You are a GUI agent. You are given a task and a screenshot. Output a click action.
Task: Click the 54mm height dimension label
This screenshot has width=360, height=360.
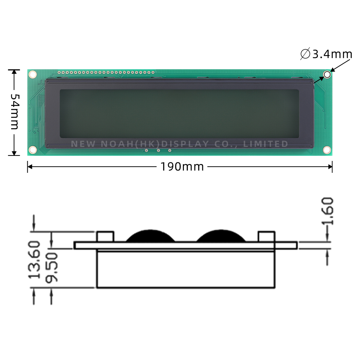click(14, 112)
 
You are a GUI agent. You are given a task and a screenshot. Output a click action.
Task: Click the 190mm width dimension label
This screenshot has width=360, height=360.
click(182, 167)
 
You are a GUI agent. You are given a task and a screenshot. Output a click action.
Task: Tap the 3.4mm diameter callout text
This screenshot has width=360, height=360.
click(332, 54)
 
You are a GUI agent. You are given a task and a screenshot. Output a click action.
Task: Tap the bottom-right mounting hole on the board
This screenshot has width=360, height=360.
click(327, 149)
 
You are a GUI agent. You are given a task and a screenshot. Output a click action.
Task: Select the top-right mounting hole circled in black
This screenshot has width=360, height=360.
click(327, 75)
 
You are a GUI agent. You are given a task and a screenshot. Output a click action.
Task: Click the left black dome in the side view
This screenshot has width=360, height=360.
click(150, 236)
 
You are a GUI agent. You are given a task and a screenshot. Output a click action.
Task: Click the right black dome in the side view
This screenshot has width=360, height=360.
click(221, 236)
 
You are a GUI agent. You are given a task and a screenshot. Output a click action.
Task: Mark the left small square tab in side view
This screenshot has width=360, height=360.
click(105, 237)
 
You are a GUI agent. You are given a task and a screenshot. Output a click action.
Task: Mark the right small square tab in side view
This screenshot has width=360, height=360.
click(267, 237)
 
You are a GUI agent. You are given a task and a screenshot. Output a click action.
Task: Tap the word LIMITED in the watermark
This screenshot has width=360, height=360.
click(266, 144)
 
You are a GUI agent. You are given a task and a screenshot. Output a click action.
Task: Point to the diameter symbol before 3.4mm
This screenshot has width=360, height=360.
click(305, 54)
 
